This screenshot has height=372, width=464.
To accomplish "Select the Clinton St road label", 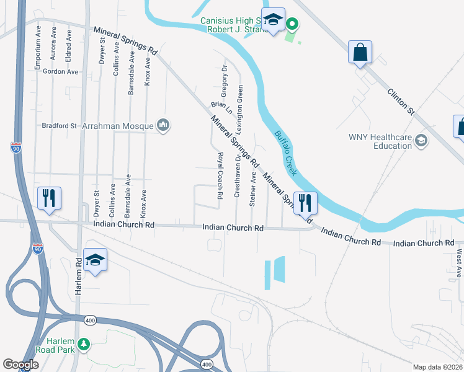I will [x=400, y=101].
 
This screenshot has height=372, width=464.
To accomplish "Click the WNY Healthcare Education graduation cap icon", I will [x=422, y=141].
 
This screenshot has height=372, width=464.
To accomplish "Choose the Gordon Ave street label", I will [x=61, y=72].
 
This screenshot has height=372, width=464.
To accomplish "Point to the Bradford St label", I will [x=58, y=126].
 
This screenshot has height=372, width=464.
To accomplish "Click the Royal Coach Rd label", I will [x=220, y=175].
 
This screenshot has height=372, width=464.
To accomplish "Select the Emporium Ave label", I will [x=39, y=43].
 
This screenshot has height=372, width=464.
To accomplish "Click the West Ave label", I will [x=459, y=263].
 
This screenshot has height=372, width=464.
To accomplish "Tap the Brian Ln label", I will [x=221, y=108].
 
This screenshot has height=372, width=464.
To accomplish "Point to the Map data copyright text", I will [x=437, y=367].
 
